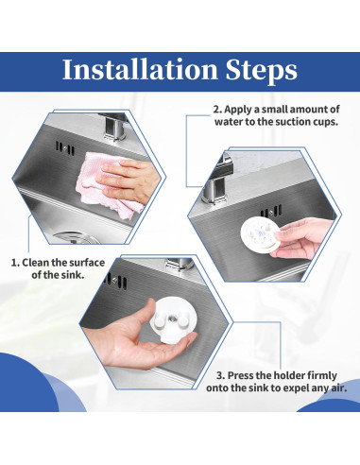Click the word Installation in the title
coord(140,69)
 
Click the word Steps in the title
coord(262,71)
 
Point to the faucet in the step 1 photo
coord(114,126)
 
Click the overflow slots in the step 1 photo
coord(65,148)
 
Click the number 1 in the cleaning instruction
coord(14,263)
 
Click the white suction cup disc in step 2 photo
coord(260,235)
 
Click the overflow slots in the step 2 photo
coord(271,211)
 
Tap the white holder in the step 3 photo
coord(173,319)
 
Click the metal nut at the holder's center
coord(172,319)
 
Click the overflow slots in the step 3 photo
coord(116,280)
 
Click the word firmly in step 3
coord(322,376)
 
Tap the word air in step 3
coord(337,388)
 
